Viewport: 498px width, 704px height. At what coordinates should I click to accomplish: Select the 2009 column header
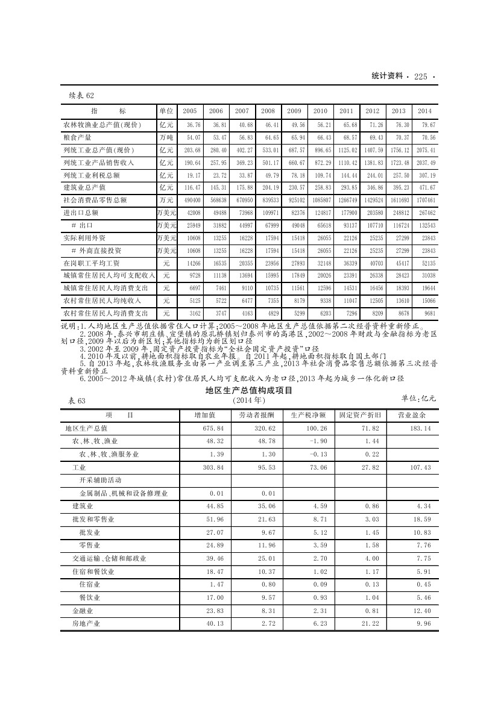[x=294, y=111]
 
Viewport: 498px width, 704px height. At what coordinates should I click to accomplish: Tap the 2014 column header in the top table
[x=424, y=111]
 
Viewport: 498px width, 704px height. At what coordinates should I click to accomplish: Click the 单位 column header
[x=166, y=111]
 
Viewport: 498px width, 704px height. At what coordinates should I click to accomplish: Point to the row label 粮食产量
[x=78, y=137]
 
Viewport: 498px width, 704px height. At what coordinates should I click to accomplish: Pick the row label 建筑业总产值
[x=84, y=188]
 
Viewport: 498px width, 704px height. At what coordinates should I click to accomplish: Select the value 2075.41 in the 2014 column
[x=425, y=150]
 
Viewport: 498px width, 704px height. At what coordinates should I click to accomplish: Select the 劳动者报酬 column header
[x=256, y=415]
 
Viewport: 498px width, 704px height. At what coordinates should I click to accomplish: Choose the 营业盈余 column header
[x=412, y=415]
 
